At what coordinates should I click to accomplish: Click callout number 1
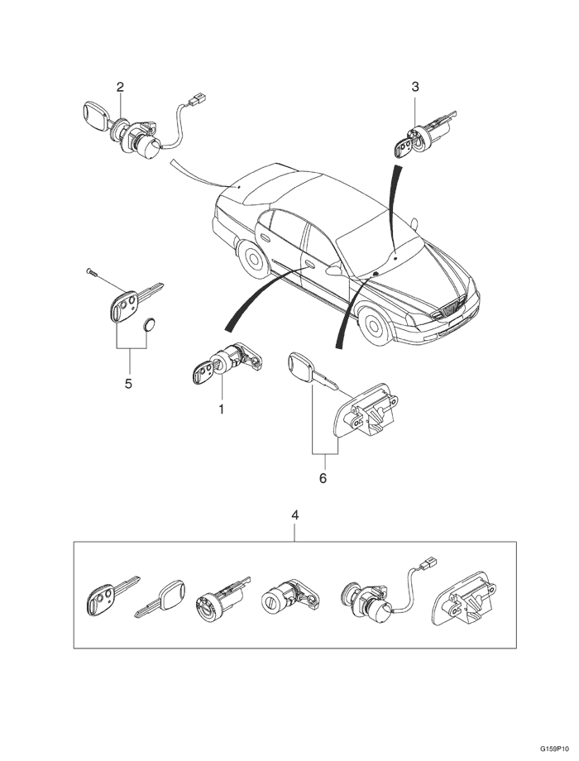pos(222,409)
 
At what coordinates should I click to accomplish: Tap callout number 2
pos(120,87)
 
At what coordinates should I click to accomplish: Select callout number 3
pos(415,86)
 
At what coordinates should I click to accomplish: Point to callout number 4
pos(295,515)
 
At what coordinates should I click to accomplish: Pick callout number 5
pos(128,383)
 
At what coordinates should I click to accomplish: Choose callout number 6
pos(323,478)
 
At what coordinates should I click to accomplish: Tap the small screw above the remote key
pos(91,271)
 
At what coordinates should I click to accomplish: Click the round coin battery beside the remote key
pos(151,325)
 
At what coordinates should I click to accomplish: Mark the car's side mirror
pos(333,270)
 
